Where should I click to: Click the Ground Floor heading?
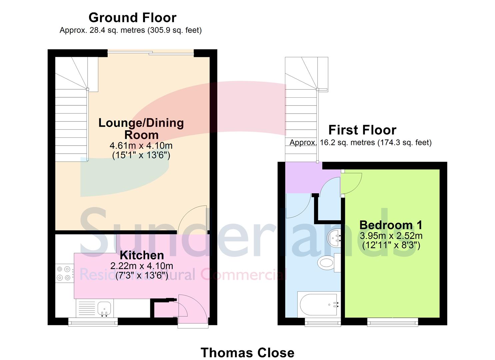click(x=132, y=18)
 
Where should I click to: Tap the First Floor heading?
click(x=362, y=130)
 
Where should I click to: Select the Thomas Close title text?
click(x=247, y=353)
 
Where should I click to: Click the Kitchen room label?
click(x=142, y=255)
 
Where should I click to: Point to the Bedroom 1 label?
click(x=391, y=225)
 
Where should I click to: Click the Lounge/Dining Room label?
click(x=141, y=129)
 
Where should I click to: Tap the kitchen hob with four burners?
click(x=64, y=273)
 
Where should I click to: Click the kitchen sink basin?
click(x=104, y=307)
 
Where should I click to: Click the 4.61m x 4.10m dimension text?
click(x=141, y=146)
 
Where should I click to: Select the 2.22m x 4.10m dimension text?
click(x=142, y=266)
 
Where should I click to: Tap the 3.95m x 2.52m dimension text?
click(x=391, y=236)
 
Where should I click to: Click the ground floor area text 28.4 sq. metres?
click(x=130, y=30)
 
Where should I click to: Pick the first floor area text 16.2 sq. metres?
click(x=360, y=143)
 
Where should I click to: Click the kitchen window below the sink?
click(x=93, y=322)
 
